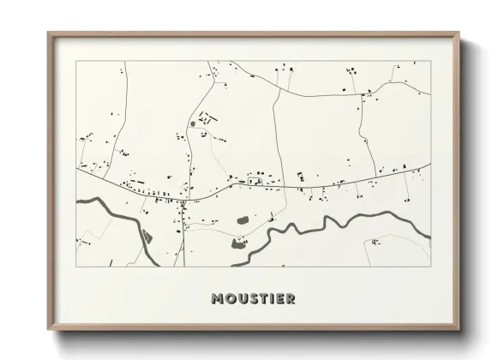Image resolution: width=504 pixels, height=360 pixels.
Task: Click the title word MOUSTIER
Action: [x=252, y=299]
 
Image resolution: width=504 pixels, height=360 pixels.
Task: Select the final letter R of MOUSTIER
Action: [x=291, y=299]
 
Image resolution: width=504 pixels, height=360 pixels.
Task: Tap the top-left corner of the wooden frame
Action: [x=48, y=33]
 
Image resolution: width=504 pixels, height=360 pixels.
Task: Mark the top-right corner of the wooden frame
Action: [x=459, y=33]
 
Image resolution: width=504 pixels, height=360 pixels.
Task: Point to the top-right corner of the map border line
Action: [x=429, y=61]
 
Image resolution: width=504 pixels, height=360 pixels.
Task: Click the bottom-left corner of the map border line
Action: [x=76, y=266]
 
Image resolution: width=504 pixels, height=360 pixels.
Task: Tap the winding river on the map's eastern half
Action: [x=343, y=221]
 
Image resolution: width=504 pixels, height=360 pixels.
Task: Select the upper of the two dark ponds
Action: [x=243, y=220]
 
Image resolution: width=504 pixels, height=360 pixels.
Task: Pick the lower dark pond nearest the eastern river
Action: [x=237, y=243]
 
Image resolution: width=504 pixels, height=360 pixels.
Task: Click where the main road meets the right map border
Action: [x=429, y=165]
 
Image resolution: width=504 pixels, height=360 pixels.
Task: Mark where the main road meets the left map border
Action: [x=76, y=168]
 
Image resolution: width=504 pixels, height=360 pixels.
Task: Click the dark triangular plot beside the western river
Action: [x=147, y=235]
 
